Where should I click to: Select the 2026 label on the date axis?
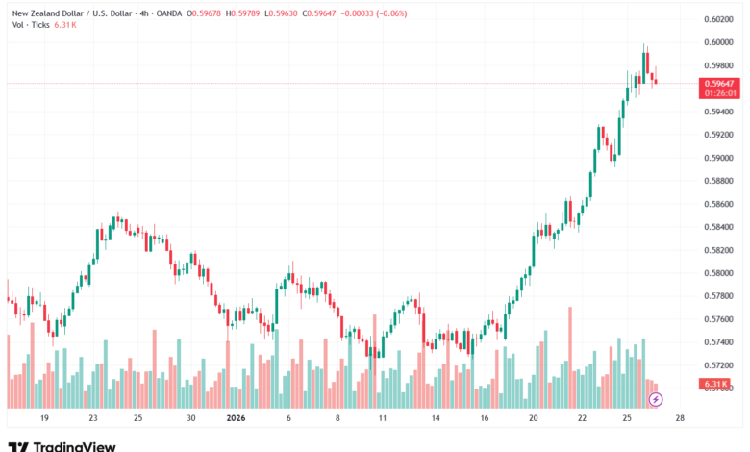coord(237,419)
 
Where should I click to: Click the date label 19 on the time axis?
coord(44,419)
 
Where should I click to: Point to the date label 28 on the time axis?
coord(680,419)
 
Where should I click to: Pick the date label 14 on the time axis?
coord(436,419)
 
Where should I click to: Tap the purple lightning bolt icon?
coord(656,399)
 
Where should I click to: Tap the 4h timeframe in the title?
coord(144,12)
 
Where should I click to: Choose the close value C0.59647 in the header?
coord(326,12)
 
